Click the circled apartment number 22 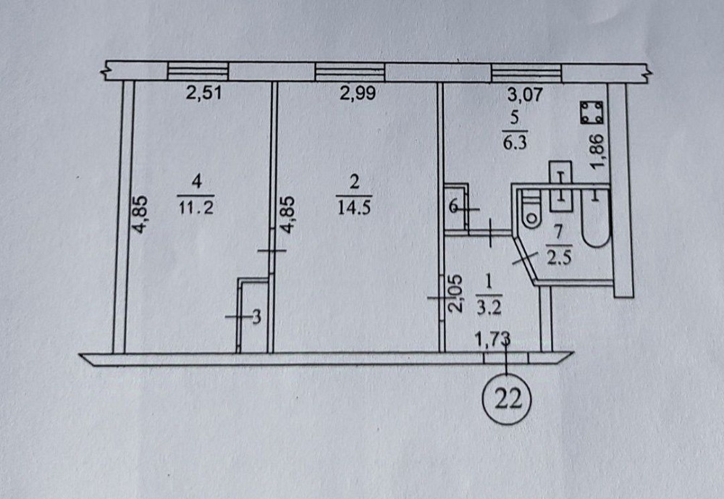tap(508, 398)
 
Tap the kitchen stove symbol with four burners tap(592, 113)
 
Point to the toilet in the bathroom tap(531, 211)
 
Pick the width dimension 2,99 tap(358, 93)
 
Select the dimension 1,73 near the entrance tap(492, 337)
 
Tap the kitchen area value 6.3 tap(514, 142)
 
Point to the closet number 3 tap(255, 316)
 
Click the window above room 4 tap(198, 72)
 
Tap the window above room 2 tap(350, 72)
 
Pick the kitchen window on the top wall tap(526, 72)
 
